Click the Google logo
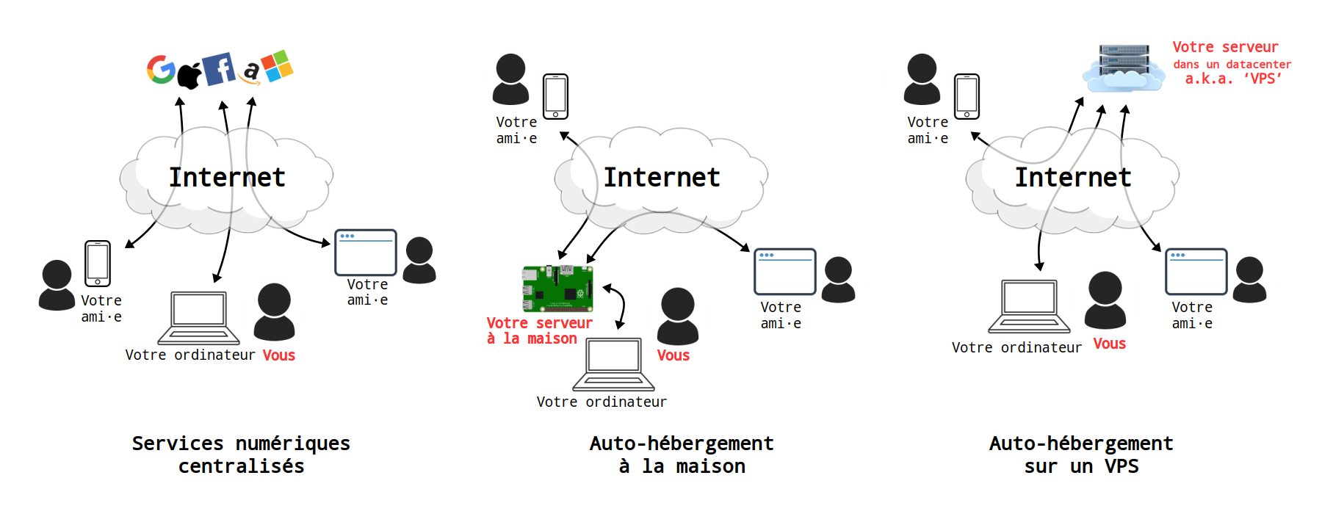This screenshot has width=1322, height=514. [161, 70]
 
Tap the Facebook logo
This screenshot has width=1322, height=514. [219, 69]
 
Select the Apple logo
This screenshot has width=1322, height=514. [189, 76]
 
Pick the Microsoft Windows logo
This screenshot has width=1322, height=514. [278, 66]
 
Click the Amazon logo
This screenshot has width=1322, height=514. [251, 72]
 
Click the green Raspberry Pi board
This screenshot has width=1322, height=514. [557, 289]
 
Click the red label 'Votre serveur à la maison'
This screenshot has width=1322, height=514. [539, 330]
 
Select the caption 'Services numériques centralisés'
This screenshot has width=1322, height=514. [241, 455]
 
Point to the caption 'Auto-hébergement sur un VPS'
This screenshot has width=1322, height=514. [1081, 455]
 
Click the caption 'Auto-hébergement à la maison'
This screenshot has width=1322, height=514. [682, 455]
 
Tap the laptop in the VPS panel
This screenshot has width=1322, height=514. [1029, 305]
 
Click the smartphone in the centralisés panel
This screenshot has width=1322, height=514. [98, 263]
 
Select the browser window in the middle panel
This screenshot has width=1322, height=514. [784, 272]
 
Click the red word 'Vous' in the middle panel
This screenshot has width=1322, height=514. [673, 355]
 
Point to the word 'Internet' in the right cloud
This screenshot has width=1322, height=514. [1072, 177]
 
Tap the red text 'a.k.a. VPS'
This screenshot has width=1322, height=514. [1233, 79]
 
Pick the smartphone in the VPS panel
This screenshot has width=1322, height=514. [967, 96]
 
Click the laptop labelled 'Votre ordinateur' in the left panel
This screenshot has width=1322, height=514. [198, 317]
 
